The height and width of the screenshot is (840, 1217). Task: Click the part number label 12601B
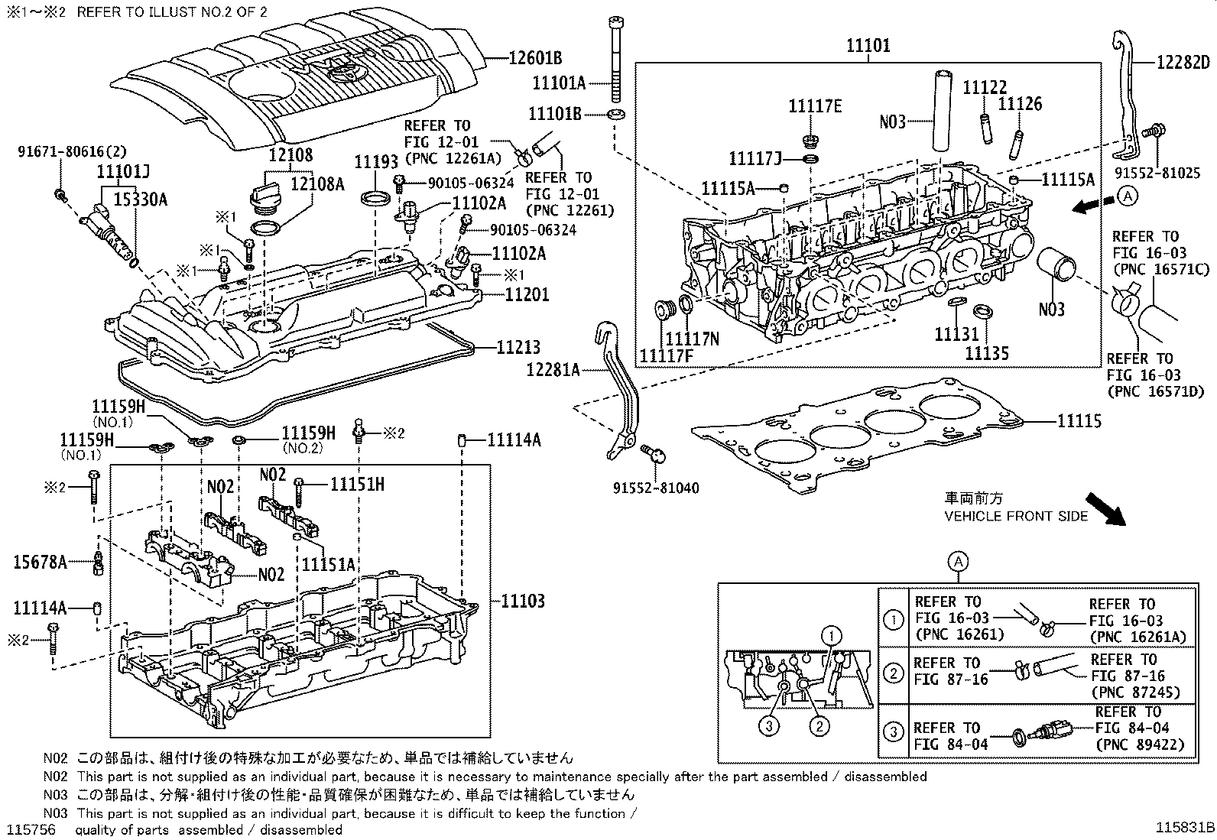pyautogui.click(x=534, y=57)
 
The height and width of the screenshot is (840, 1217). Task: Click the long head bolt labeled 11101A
pyautogui.click(x=615, y=61)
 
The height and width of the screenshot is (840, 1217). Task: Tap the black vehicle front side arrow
pyautogui.click(x=1105, y=507)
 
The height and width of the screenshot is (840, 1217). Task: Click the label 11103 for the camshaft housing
pyautogui.click(x=523, y=601)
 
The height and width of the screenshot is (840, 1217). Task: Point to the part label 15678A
pyautogui.click(x=39, y=563)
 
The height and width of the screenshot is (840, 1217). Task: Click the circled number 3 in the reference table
pyautogui.click(x=893, y=732)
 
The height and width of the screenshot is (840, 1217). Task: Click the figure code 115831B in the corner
pyautogui.click(x=1184, y=828)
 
